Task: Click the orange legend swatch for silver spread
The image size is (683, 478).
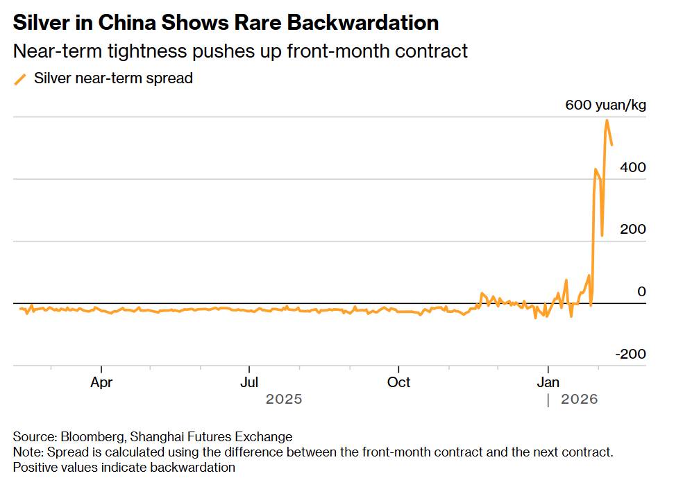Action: [20, 79]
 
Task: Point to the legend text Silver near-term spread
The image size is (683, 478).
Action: [113, 78]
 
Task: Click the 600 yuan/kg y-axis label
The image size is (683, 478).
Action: [605, 105]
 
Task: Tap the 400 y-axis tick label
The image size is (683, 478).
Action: [632, 167]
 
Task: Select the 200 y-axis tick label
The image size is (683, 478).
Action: [632, 229]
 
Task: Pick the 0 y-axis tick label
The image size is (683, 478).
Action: [641, 291]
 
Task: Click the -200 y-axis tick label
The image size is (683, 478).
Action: [630, 354]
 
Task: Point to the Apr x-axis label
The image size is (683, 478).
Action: [101, 382]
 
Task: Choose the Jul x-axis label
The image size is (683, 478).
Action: [249, 382]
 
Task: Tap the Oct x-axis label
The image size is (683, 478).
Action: [398, 382]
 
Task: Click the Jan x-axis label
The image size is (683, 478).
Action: [548, 382]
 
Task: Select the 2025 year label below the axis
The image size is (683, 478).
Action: [284, 400]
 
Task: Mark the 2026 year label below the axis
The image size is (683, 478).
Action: [579, 400]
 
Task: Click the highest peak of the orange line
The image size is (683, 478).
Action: [607, 120]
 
